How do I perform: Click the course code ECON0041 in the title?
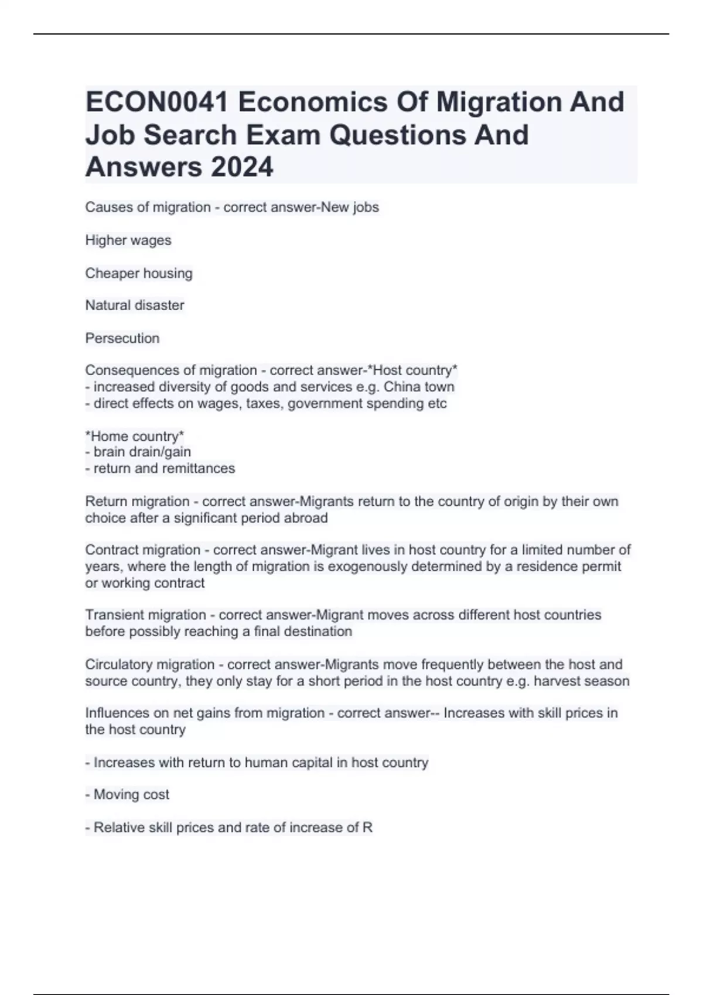[x=157, y=102]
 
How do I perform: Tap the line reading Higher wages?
[x=128, y=241]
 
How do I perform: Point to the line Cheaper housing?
[x=139, y=273]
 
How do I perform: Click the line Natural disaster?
[x=135, y=306]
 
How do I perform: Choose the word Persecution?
[x=122, y=338]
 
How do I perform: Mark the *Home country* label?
[x=135, y=436]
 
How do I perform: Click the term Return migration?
[x=137, y=502]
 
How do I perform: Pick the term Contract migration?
[x=142, y=550]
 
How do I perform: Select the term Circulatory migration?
[x=149, y=665]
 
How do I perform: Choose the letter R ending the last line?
[x=367, y=828]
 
